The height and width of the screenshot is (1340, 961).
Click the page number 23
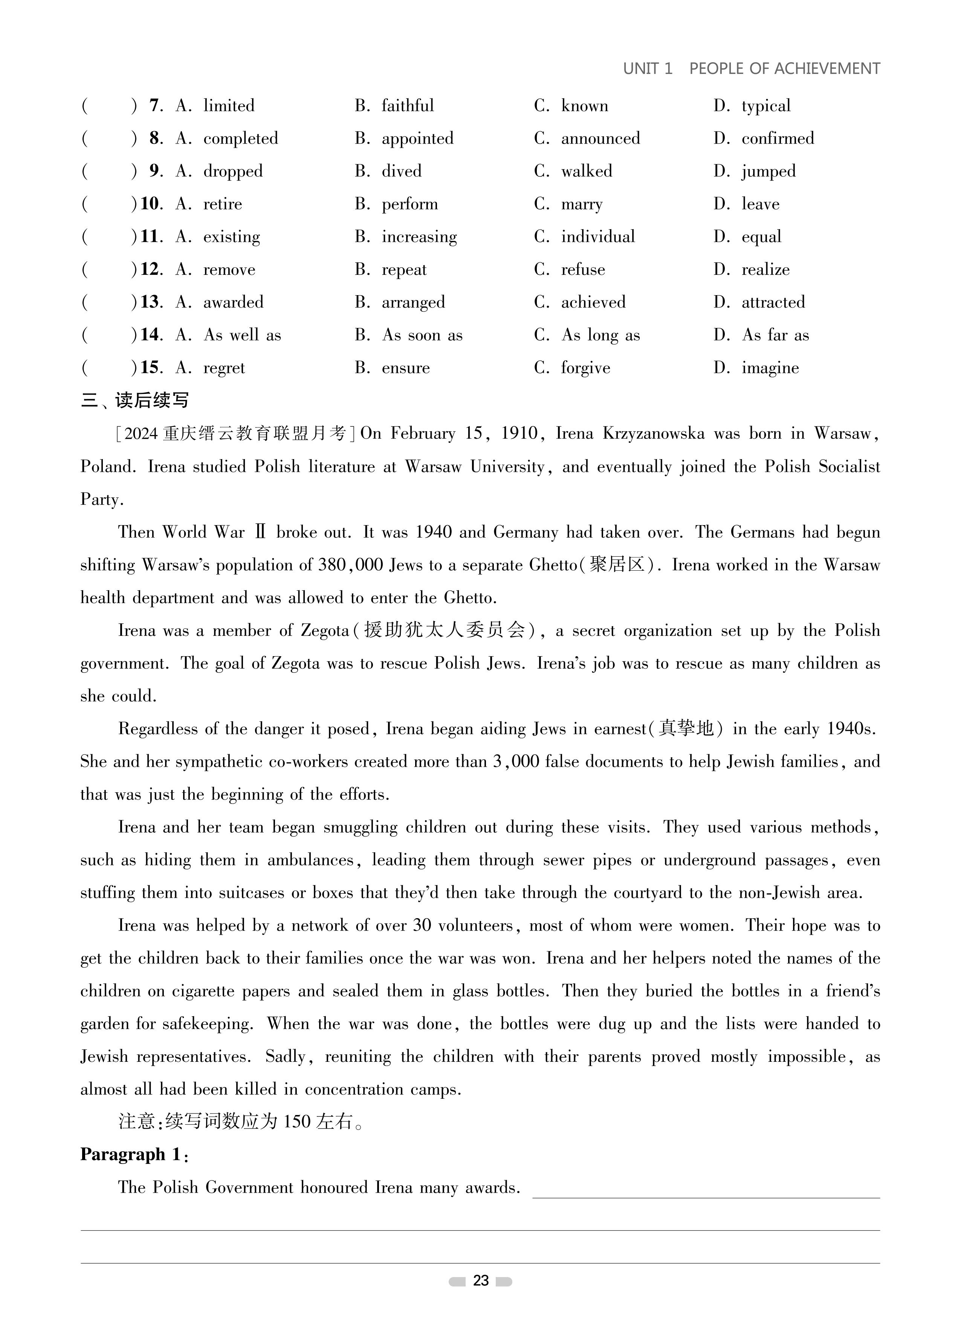pyautogui.click(x=481, y=1280)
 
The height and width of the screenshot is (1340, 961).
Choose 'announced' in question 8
pyautogui.click(x=600, y=138)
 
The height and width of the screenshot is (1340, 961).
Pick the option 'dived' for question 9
pyautogui.click(x=401, y=172)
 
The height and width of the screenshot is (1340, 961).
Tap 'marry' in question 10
pyautogui.click(x=582, y=204)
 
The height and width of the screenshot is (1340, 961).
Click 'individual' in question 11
pyautogui.click(x=598, y=237)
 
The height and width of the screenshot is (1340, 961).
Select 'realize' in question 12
pyautogui.click(x=765, y=270)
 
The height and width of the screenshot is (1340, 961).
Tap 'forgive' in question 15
pyautogui.click(x=585, y=368)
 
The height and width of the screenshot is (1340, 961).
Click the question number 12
pyautogui.click(x=151, y=270)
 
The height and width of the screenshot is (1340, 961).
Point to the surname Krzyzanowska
pyautogui.click(x=653, y=434)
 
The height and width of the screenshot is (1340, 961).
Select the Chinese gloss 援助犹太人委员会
pyautogui.click(x=444, y=630)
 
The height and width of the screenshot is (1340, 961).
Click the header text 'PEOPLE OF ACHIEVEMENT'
pyautogui.click(x=784, y=69)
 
